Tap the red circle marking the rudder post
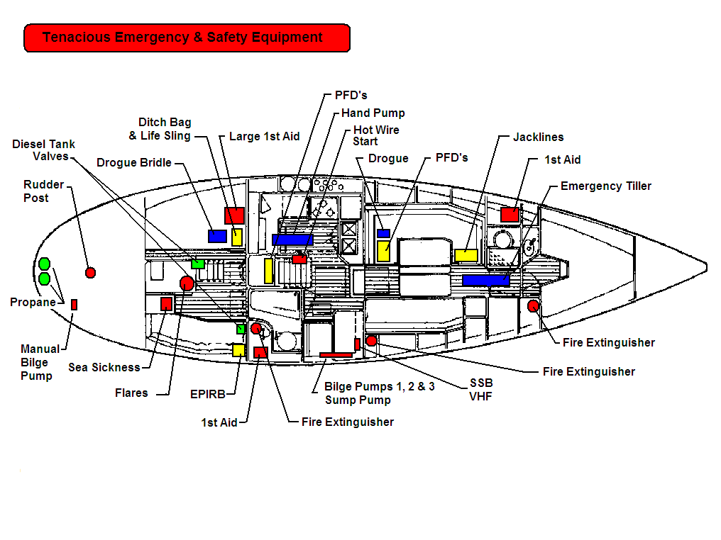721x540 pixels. (x=90, y=272)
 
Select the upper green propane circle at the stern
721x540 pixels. (x=44, y=264)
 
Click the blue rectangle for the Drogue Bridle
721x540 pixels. (x=217, y=236)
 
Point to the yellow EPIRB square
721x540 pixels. (x=238, y=350)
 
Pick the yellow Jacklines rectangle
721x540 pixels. (x=466, y=255)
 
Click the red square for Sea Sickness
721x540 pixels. (x=166, y=304)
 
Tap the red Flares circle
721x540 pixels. (x=187, y=283)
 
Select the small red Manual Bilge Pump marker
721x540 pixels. (x=74, y=304)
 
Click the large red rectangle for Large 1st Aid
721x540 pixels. (x=234, y=215)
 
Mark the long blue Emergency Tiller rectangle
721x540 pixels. (x=486, y=280)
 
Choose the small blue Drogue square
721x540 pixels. (x=383, y=233)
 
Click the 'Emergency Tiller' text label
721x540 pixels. (x=605, y=186)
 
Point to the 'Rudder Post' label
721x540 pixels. (x=43, y=191)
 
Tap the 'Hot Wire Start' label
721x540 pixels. (x=376, y=135)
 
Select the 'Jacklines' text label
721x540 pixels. (x=538, y=137)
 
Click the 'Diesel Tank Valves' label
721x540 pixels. (x=43, y=150)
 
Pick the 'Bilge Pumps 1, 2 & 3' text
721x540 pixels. (x=379, y=387)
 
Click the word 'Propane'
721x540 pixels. (x=33, y=303)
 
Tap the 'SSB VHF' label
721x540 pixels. (x=480, y=389)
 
